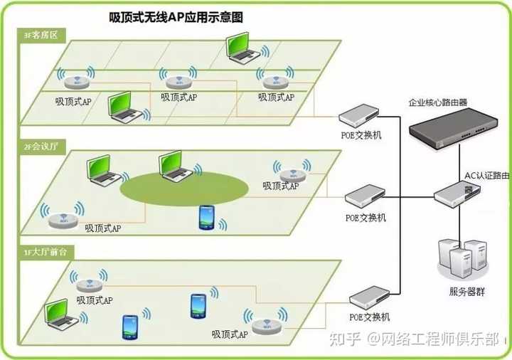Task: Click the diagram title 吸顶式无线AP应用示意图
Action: [176, 18]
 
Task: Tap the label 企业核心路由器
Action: [438, 102]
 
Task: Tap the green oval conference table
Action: [184, 187]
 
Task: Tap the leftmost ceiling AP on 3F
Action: [76, 80]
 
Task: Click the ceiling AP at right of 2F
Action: [292, 173]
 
